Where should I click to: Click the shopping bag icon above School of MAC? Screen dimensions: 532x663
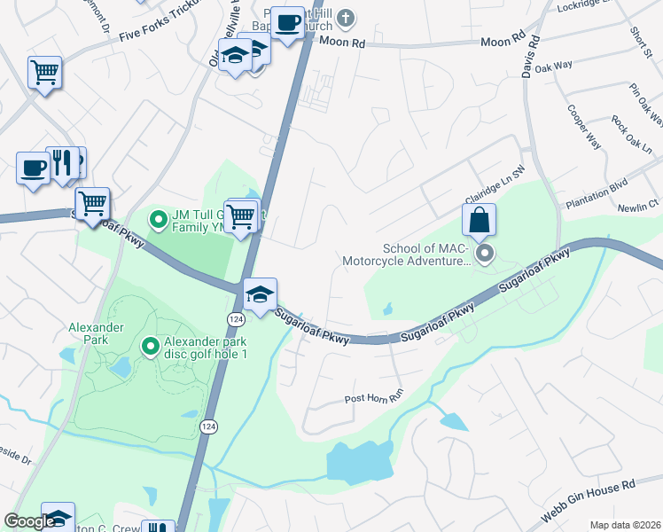click(x=478, y=222)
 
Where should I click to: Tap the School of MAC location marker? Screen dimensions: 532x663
click(x=485, y=255)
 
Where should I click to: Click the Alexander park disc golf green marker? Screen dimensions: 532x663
click(x=150, y=346)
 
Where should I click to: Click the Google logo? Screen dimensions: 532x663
click(x=29, y=521)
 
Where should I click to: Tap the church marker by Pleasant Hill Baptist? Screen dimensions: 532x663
click(x=347, y=17)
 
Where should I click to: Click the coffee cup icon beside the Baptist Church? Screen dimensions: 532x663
click(x=287, y=23)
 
